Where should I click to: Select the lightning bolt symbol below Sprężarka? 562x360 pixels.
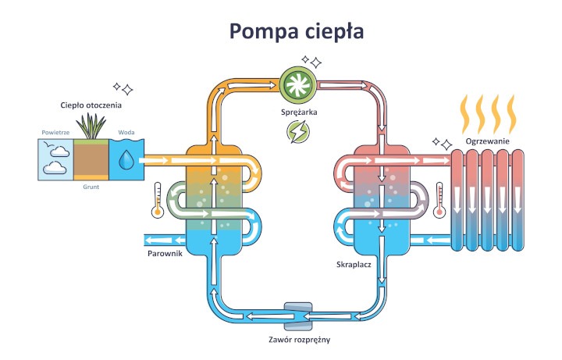click(297, 134)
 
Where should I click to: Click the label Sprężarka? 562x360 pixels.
click(297, 112)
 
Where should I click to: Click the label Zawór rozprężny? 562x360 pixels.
click(297, 340)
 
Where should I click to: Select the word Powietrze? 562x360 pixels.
click(55, 133)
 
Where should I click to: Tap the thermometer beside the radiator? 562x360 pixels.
click(439, 199)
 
